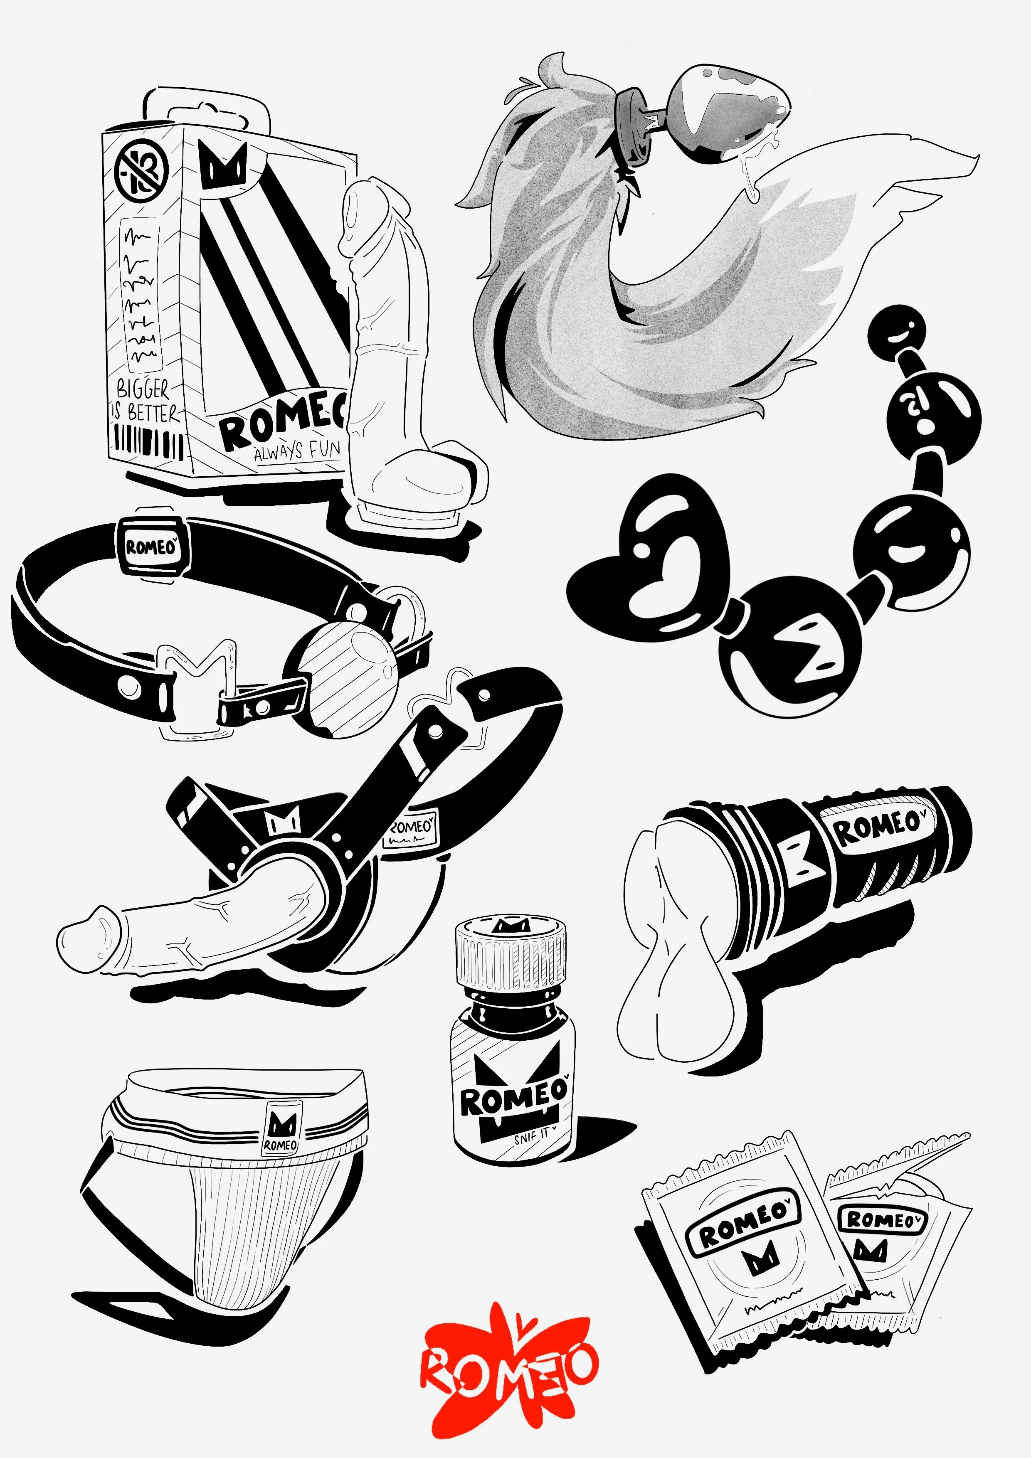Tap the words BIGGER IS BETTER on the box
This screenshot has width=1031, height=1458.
pyautogui.click(x=144, y=401)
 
